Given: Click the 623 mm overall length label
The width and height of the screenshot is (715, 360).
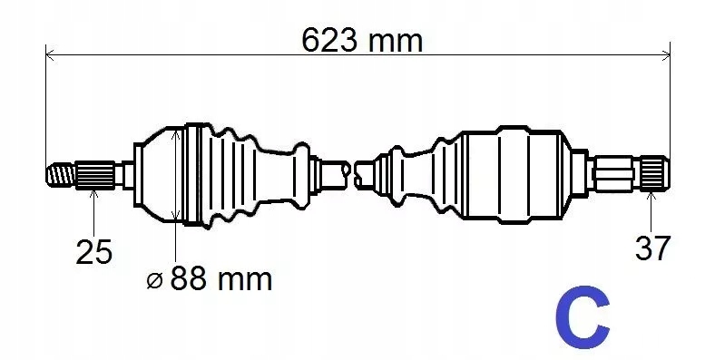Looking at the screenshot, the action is point(362,40).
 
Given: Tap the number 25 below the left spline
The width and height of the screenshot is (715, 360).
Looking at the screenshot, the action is point(93,251).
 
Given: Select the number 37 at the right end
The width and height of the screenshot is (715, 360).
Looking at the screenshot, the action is point(652,248).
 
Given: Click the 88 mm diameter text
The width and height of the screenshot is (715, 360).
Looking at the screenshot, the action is point(221,279).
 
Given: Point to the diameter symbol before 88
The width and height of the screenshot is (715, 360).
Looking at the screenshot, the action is point(154,281).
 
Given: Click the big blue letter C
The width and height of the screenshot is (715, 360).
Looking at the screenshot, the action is point(583,317).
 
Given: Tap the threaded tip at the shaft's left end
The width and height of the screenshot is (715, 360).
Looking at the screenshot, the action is point(61,175).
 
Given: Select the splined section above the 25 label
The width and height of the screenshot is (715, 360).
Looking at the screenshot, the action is point(95,175).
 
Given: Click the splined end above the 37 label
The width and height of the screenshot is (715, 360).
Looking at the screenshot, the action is point(655,172).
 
